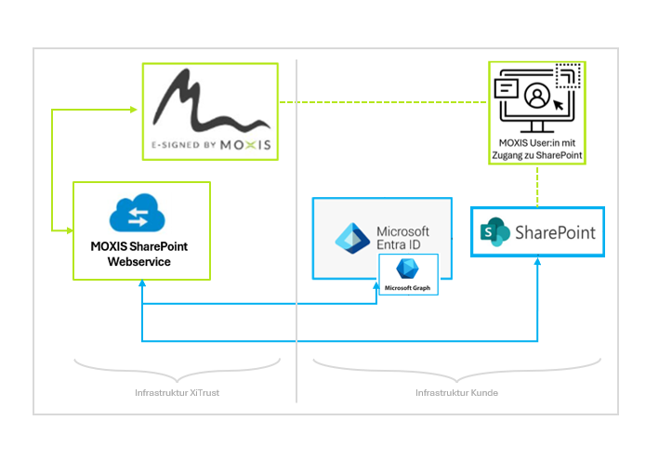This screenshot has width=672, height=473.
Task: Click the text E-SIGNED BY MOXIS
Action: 211,146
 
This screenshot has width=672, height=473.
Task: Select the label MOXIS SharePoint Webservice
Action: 139,254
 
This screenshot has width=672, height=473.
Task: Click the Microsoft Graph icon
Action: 407,269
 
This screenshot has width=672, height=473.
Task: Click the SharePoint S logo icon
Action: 495,232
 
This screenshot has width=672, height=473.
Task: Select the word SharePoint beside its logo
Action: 555,232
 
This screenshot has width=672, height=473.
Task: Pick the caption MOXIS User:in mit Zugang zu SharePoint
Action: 537,149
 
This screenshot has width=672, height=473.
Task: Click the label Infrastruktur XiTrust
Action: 177,393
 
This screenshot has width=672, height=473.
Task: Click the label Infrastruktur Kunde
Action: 456,393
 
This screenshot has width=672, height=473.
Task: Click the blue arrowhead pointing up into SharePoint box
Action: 538,263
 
